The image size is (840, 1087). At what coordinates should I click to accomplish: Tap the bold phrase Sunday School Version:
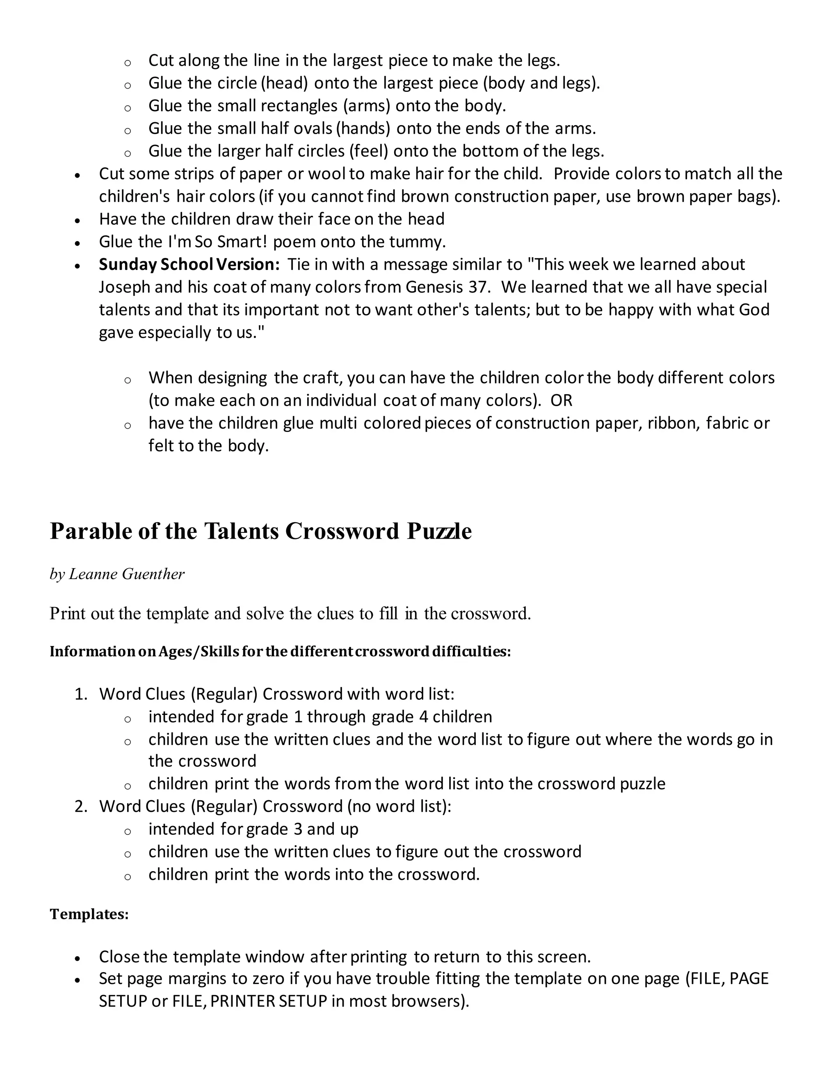(x=189, y=264)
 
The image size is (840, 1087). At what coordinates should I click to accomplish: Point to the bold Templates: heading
(x=89, y=914)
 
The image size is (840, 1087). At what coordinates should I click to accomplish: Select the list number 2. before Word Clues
(x=81, y=806)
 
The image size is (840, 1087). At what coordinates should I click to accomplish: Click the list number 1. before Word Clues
(x=81, y=694)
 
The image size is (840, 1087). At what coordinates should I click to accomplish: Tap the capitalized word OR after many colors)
(x=562, y=400)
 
